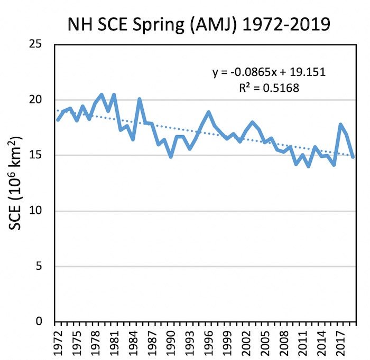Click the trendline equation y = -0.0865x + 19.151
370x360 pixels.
click(x=269, y=73)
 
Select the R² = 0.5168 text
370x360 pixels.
click(x=269, y=88)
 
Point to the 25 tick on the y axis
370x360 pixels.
click(x=37, y=44)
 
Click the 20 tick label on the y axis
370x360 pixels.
click(x=37, y=100)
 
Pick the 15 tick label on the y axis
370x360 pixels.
click(x=37, y=155)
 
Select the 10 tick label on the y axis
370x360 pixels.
click(x=37, y=211)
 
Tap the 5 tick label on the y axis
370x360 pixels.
click(x=41, y=267)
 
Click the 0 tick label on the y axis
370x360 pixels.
click(x=41, y=322)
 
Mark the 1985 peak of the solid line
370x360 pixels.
click(x=140, y=99)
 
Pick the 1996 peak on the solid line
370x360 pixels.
click(x=208, y=112)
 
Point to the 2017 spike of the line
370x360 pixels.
click(x=340, y=125)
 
